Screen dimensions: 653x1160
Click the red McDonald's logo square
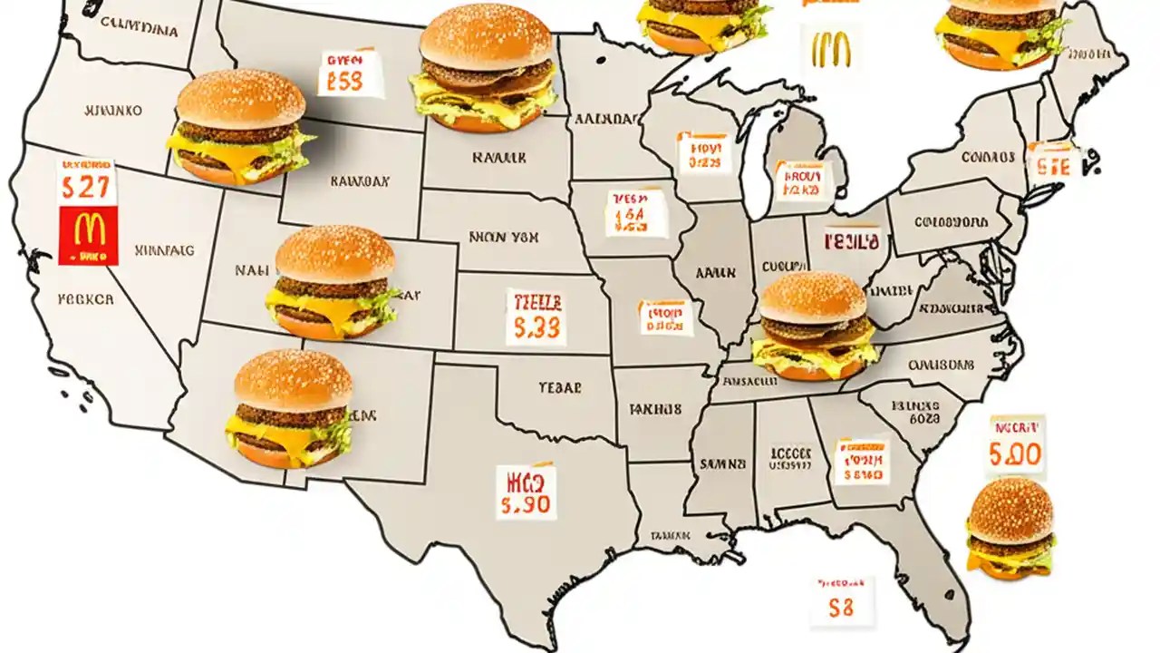[x=88, y=234]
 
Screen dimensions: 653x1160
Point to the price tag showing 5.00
[x=1015, y=448]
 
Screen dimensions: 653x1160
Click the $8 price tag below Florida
[x=842, y=601]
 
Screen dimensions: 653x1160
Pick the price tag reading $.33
[x=536, y=318]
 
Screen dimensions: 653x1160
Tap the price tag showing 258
[x=350, y=74]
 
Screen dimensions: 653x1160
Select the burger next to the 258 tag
[x=486, y=68]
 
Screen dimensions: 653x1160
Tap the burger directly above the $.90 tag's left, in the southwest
[x=292, y=408]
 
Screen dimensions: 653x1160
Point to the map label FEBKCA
[x=85, y=297]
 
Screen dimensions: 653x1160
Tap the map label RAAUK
[x=498, y=158]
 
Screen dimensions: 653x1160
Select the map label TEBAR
[x=558, y=385]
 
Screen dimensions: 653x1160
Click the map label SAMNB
[x=722, y=463]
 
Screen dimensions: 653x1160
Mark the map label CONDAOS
[x=987, y=157]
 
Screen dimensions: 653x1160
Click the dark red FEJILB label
[x=851, y=241]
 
